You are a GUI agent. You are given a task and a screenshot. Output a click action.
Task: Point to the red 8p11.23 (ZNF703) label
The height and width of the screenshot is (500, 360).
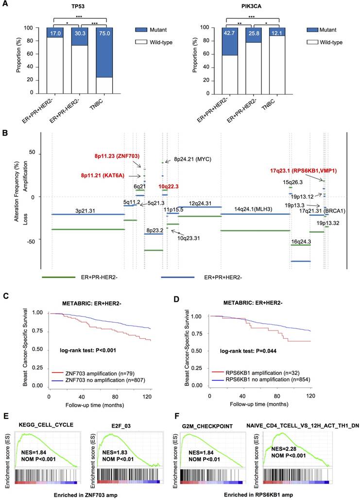coord(117,156)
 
